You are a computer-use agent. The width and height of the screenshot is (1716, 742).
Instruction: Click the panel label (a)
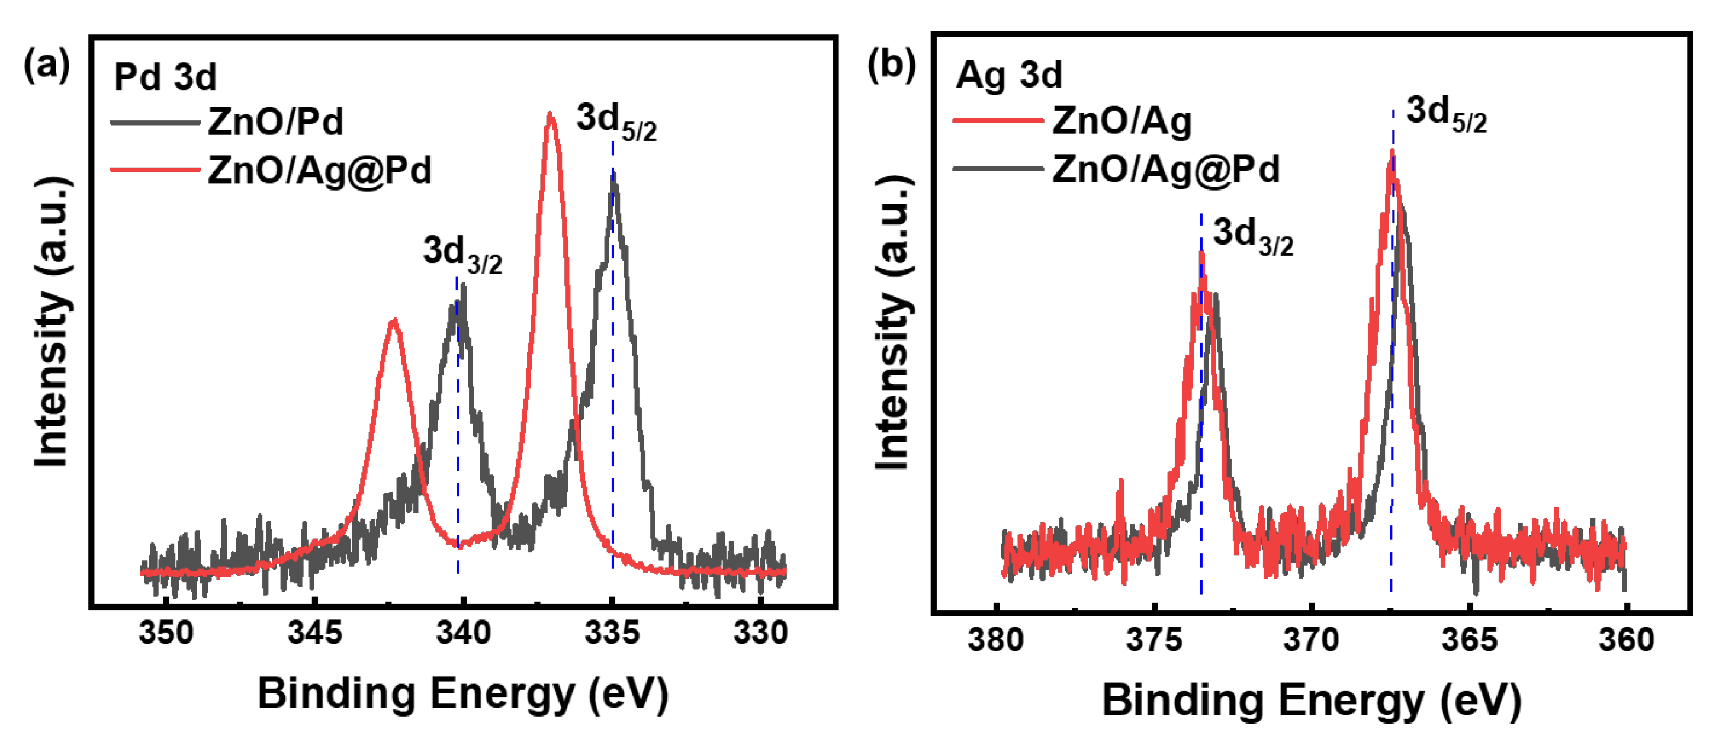[46, 66]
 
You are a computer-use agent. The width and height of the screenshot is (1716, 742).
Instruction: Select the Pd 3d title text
[165, 76]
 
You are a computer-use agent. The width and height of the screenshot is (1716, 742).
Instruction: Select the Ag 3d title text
[1008, 74]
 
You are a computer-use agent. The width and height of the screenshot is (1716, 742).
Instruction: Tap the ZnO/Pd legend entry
[275, 122]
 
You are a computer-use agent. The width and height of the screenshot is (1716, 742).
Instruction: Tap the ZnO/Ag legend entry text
[1121, 121]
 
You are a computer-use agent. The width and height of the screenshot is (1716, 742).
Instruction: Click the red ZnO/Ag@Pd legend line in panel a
[155, 170]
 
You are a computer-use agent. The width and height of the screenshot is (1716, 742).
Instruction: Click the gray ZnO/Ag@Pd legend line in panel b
[998, 169]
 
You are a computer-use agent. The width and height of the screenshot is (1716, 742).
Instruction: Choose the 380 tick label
[995, 640]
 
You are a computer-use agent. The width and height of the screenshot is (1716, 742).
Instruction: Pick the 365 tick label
[1469, 640]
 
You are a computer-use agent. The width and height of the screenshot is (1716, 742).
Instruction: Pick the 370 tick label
[1311, 640]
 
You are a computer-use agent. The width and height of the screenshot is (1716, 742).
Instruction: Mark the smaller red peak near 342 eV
[394, 322]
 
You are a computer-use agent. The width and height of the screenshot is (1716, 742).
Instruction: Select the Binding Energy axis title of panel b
[1311, 701]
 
